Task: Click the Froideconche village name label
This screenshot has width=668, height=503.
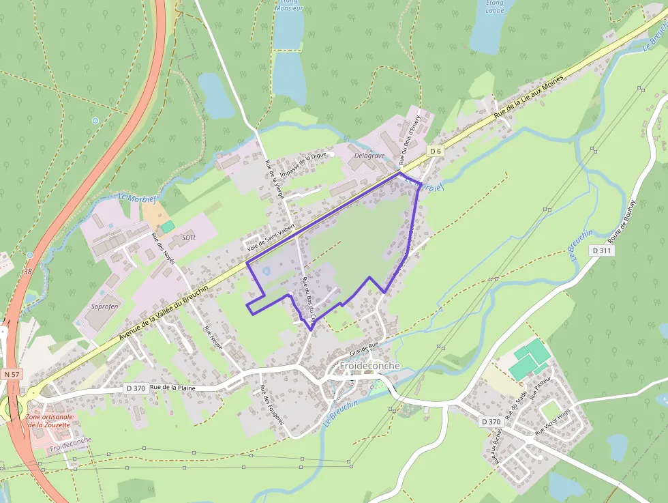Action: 369,366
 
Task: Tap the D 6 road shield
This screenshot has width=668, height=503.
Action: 436,149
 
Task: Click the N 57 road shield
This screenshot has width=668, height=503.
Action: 12,374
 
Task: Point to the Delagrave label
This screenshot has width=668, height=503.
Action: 370,156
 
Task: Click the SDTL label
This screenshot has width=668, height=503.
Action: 189,238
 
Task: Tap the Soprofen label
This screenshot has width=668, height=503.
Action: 105,306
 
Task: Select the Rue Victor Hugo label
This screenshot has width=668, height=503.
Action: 553,422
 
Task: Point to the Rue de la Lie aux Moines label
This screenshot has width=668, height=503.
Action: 531,99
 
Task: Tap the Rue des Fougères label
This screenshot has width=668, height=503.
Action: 271,405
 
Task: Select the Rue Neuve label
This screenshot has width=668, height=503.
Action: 213,338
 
